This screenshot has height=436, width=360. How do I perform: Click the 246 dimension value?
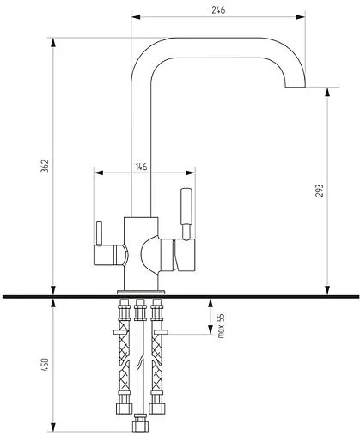(x=218, y=9)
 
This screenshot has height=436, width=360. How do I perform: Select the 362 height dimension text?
(x=45, y=166)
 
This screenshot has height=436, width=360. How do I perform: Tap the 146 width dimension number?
(x=141, y=167)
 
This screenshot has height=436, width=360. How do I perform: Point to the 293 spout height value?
(x=320, y=191)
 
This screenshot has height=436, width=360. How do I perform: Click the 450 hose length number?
(x=45, y=364)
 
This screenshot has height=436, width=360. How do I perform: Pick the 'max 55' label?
(x=221, y=326)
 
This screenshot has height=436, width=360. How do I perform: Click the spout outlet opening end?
(x=296, y=87)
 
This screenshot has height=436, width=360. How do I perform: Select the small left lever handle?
(x=99, y=233)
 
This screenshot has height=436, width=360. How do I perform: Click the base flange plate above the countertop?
(x=141, y=292)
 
